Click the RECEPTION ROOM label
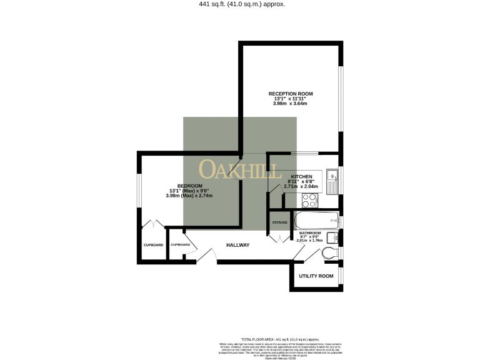pyautogui.click(x=291, y=94)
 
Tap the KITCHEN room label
pyautogui.click(x=301, y=177)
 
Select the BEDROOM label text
pyautogui.click(x=189, y=186)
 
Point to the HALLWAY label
pyautogui.click(x=237, y=245)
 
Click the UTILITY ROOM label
pyautogui.click(x=316, y=276)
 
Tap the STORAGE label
pyautogui.click(x=279, y=222)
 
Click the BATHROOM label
pyautogui.click(x=310, y=233)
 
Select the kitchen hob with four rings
pyautogui.click(x=309, y=200)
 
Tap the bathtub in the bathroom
pyautogui.click(x=316, y=221)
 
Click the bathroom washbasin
pyautogui.click(x=333, y=237)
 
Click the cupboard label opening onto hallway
pyautogui.click(x=180, y=244)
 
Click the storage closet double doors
pyautogui.click(x=276, y=237)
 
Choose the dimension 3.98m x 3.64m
pyautogui.click(x=291, y=104)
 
